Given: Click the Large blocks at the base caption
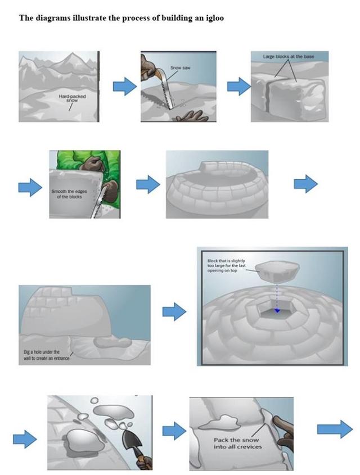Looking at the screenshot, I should [288, 57].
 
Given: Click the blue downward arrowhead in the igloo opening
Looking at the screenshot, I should [277, 311].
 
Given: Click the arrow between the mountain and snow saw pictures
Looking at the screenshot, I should [124, 87].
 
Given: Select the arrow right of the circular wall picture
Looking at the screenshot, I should [305, 183].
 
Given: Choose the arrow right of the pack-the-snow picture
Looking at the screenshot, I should [335, 430].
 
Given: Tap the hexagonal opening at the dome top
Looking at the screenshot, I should [276, 308].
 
